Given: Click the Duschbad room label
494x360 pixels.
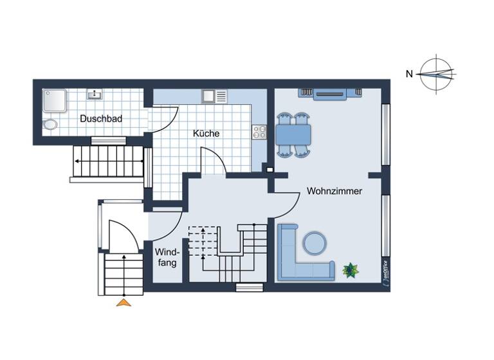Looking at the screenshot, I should point(101,119).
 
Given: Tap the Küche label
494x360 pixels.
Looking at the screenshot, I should point(206,134).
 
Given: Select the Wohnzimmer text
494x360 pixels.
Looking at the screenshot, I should point(334,191).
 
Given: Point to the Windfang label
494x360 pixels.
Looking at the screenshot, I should point(167,257).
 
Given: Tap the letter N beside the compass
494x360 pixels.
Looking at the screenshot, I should point(409,73).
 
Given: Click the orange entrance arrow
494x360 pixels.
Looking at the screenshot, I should point(123,302).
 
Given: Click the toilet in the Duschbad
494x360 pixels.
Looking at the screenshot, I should point(50,124).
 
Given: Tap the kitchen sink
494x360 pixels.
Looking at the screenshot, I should point(209,96).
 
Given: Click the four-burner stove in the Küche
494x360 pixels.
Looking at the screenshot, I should point(260,132).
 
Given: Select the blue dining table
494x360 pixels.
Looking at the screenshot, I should point(293,135).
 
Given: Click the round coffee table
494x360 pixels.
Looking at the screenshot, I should point(315,243).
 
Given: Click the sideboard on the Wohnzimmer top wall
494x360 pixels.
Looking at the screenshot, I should point(331,94).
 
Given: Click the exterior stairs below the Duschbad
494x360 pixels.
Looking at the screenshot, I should point(108,161).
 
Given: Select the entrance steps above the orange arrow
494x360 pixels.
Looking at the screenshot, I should point(123,274).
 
